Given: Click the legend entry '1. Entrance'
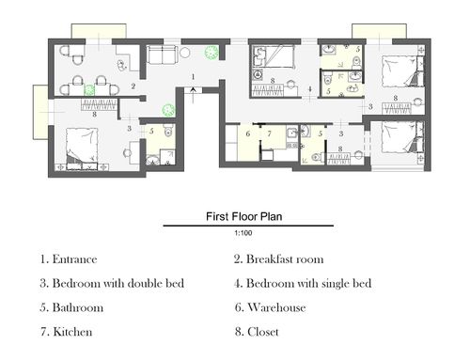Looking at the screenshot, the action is click(69, 259).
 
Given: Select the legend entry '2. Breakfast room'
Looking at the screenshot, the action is click(279, 259).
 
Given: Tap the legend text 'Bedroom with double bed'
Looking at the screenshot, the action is click(118, 283).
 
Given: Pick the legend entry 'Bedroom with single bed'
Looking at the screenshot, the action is click(309, 283).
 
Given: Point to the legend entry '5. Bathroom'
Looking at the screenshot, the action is click(71, 307).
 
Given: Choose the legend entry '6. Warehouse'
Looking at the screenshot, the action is click(270, 307).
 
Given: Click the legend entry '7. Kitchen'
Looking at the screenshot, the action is click(67, 332).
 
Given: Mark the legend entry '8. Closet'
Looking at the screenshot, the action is click(257, 332).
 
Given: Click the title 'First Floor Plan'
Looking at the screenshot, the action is click(244, 216).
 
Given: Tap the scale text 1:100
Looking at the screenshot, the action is click(243, 233).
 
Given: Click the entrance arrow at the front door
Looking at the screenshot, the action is click(193, 95).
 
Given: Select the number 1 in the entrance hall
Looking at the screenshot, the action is click(194, 76).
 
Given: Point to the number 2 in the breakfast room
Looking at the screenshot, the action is click(133, 86).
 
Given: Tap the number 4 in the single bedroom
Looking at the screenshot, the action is click(310, 89).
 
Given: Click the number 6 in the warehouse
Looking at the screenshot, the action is click(248, 133).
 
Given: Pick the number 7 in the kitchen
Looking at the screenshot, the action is click(269, 133).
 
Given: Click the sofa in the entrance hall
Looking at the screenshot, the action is click(162, 55).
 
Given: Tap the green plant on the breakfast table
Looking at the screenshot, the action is click(89, 89).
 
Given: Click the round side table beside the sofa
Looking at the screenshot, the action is click(185, 52).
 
